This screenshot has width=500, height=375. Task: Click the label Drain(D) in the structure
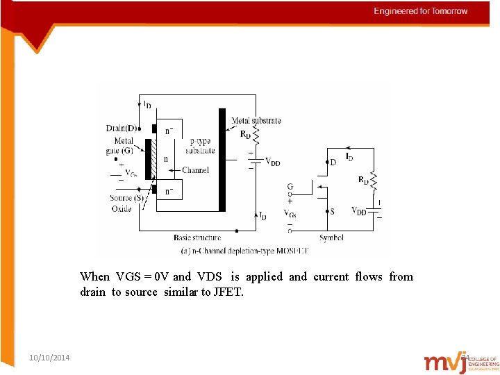pyautogui.click(x=122, y=128)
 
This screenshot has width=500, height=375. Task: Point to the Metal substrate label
pyautogui.click(x=256, y=120)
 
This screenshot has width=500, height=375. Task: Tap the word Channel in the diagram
pyautogui.click(x=195, y=170)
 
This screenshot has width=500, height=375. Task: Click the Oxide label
pyautogui.click(x=121, y=208)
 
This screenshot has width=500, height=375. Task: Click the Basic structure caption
pyautogui.click(x=197, y=237)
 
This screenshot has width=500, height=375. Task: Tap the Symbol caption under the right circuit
pyautogui.click(x=331, y=237)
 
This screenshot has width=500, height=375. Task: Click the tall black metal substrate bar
pyautogui.click(x=222, y=159)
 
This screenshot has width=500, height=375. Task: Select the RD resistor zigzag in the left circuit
pyautogui.click(x=256, y=135)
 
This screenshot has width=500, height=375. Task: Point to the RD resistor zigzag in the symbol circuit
pyautogui.click(x=374, y=181)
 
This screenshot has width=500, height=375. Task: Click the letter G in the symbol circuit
pyautogui.click(x=290, y=187)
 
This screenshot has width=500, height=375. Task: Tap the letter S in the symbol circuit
pyautogui.click(x=333, y=211)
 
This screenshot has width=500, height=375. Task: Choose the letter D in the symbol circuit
pyautogui.click(x=333, y=162)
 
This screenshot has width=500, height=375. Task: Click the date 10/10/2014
pyautogui.click(x=49, y=357)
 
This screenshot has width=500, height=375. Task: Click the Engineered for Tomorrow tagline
pyautogui.click(x=421, y=11)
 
